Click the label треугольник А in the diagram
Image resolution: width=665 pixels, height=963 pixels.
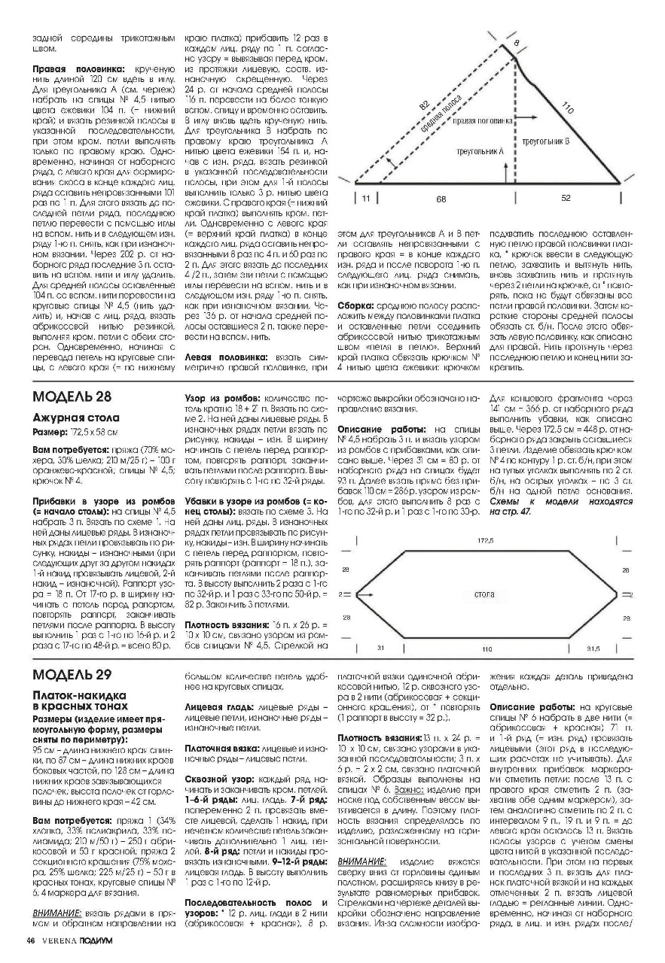[480, 151]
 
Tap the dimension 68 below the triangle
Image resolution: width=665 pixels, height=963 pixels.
[440, 199]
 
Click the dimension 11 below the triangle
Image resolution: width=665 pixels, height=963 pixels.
[366, 199]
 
